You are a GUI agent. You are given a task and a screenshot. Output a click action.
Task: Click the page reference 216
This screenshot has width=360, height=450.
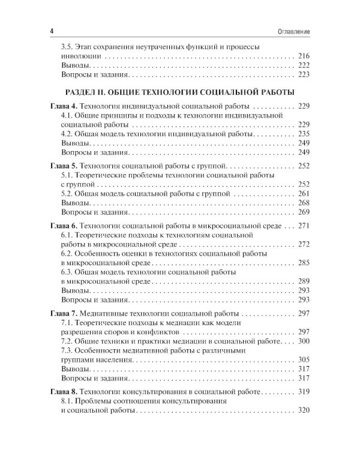point(303,55)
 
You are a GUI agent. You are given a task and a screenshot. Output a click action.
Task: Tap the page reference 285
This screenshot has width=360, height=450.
point(303,263)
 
